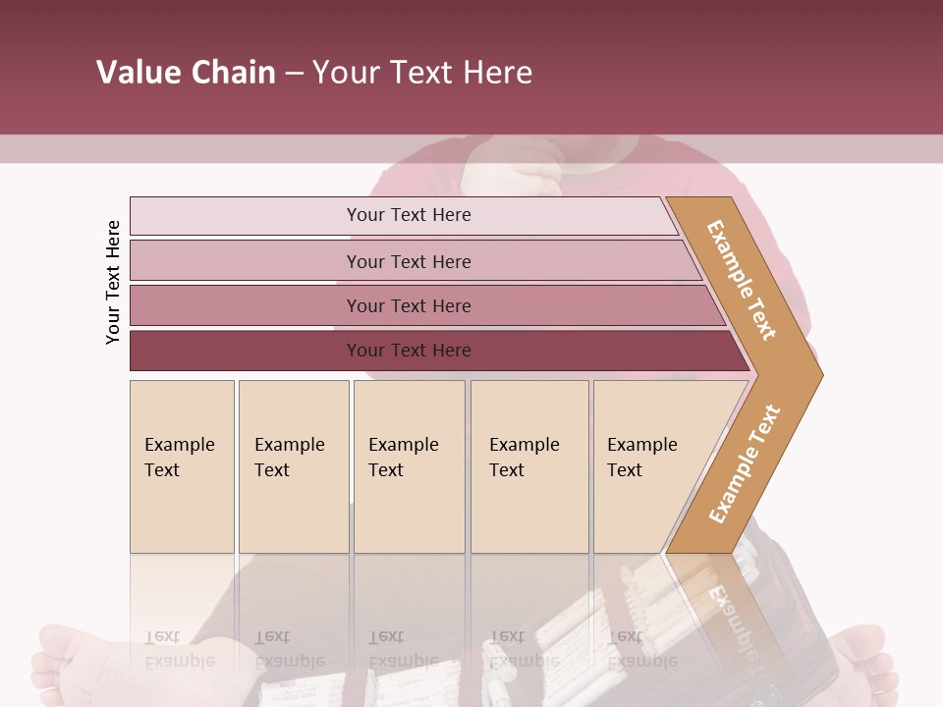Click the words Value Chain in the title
click(186, 73)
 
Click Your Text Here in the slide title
click(422, 73)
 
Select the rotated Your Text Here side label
click(113, 282)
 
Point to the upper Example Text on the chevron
click(742, 280)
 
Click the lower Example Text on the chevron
click(744, 463)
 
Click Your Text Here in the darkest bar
click(409, 351)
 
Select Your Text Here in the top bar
click(409, 215)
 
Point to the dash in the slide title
click(294, 74)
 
